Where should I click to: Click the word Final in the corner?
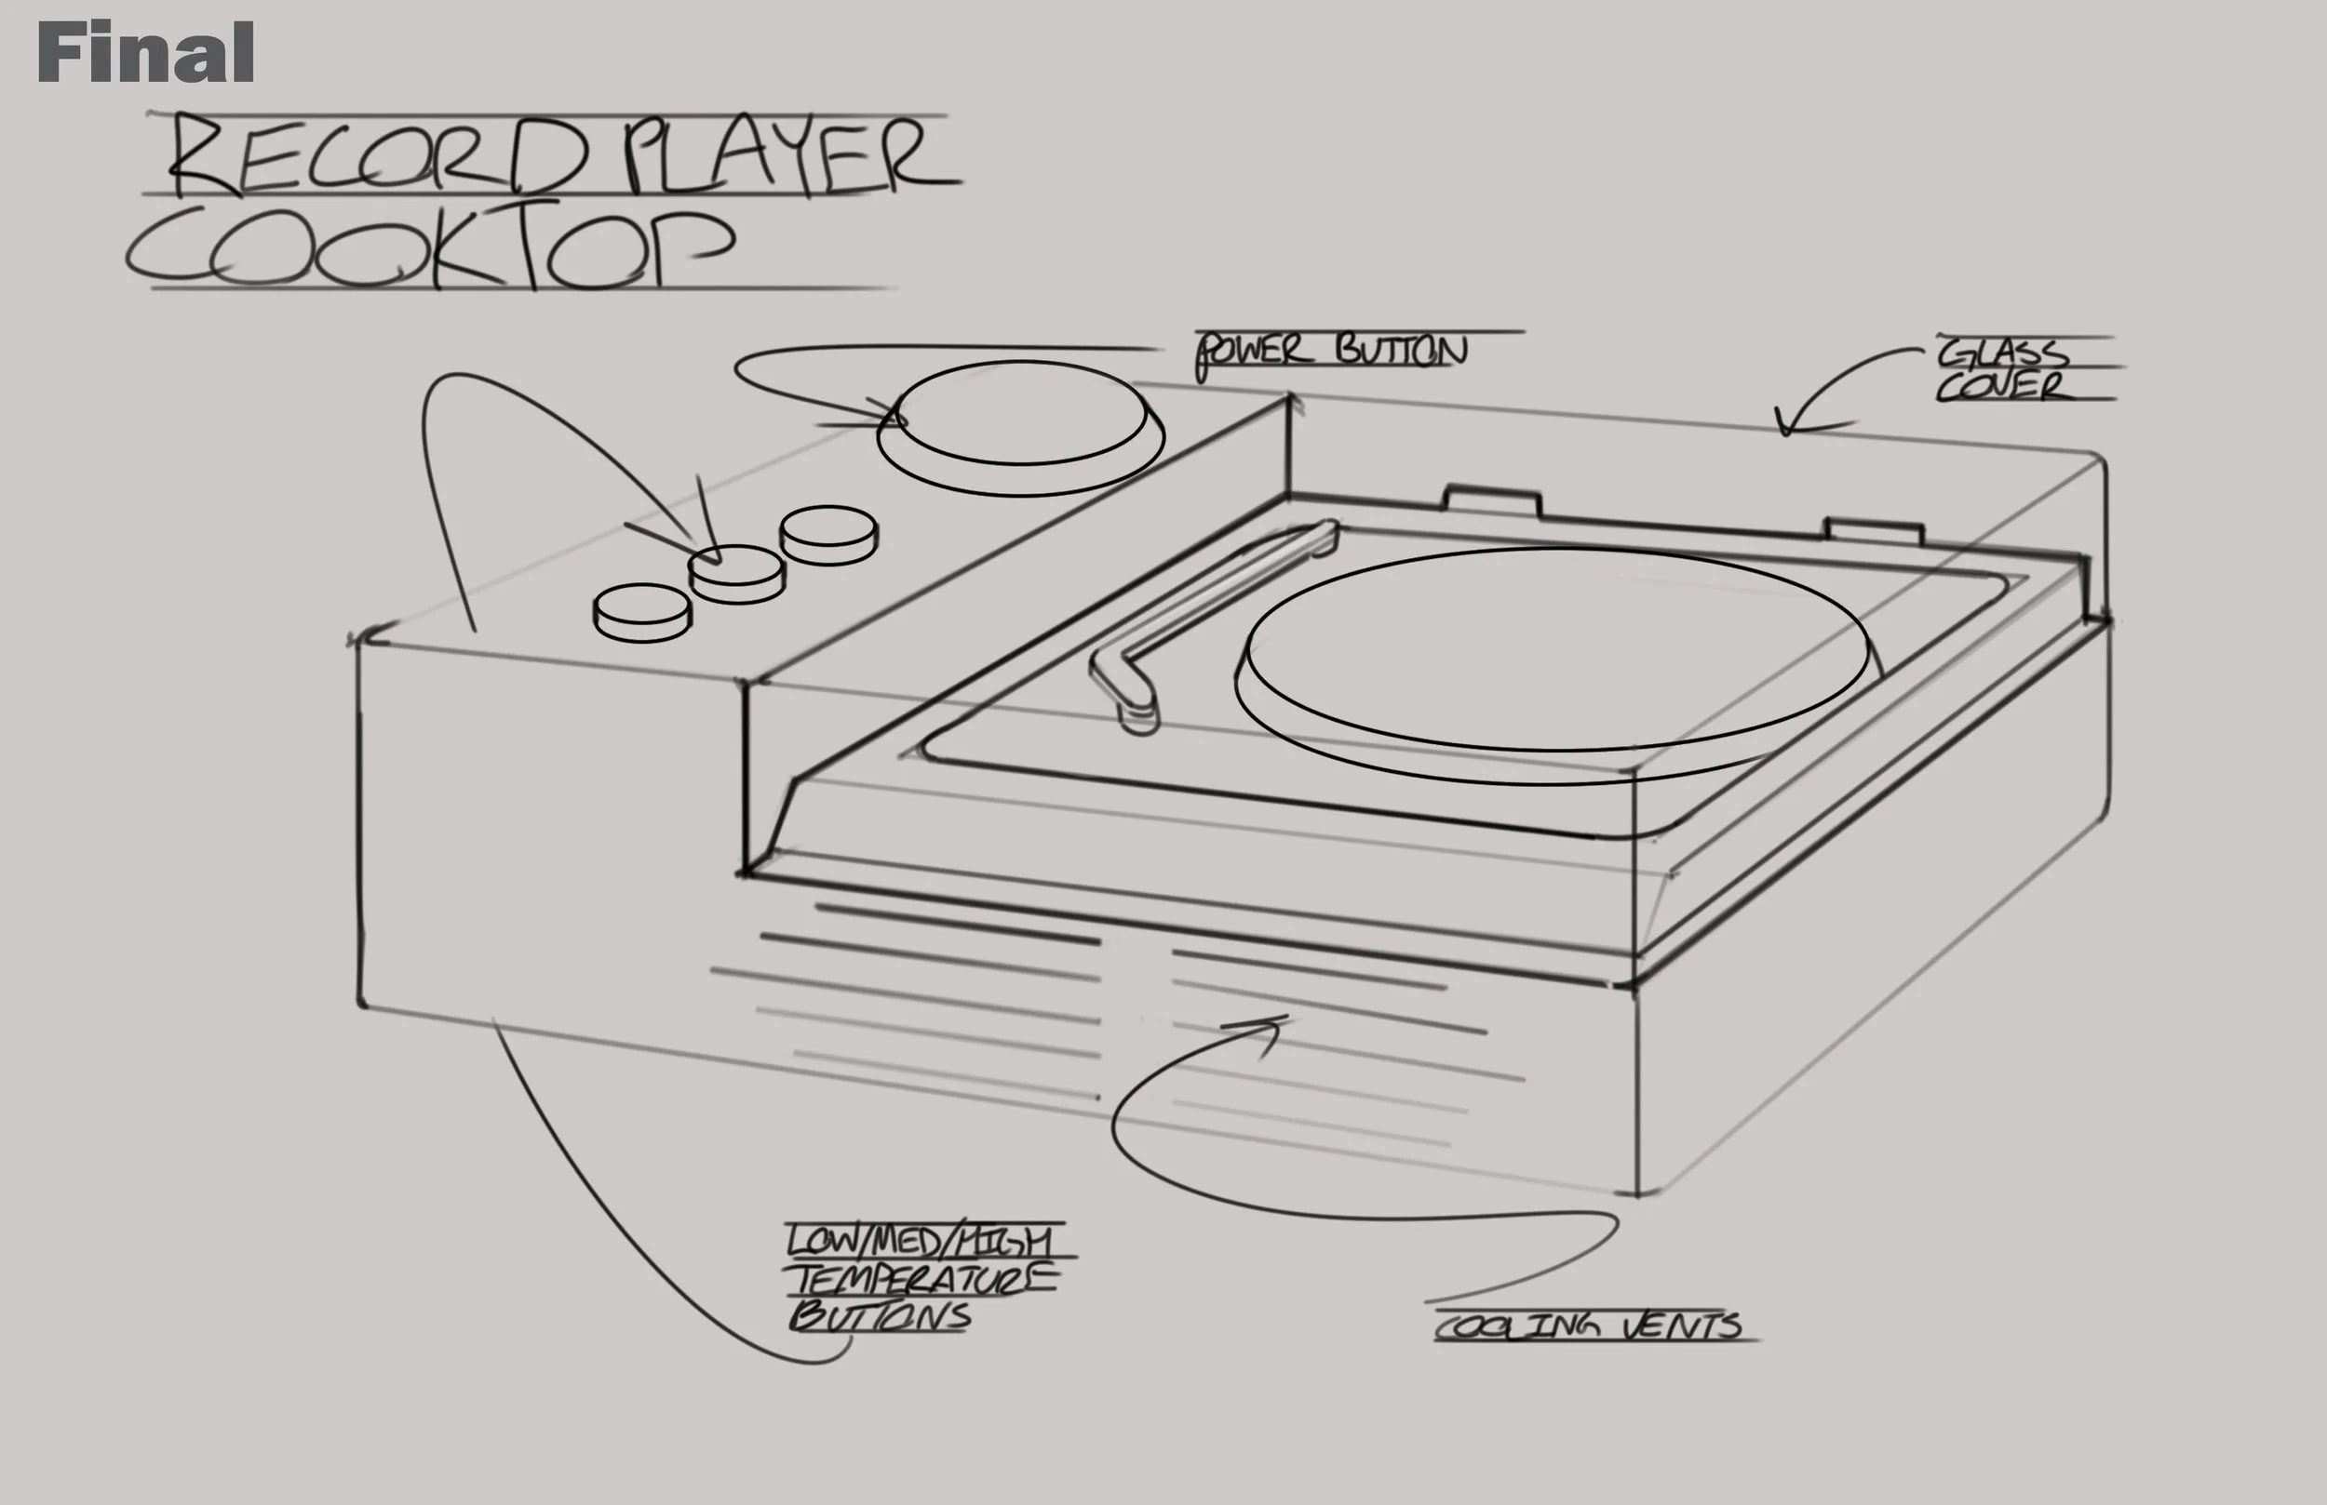click(146, 53)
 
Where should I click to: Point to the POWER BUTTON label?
click(1332, 351)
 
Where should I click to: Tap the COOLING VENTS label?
click(1589, 1326)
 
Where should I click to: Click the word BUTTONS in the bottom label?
click(880, 1316)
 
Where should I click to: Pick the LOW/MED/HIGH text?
click(919, 1241)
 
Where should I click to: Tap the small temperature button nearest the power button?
click(828, 534)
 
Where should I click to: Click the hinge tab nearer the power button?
click(1492, 499)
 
